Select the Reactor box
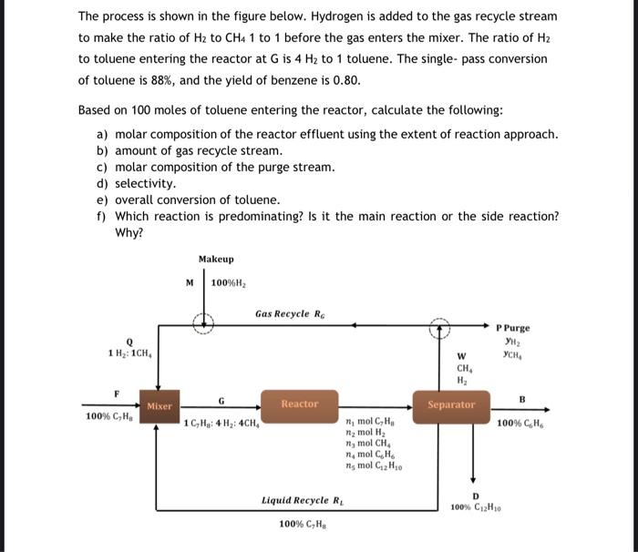(x=299, y=404)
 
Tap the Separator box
(x=451, y=404)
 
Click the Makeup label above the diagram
(x=215, y=260)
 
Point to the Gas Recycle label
(x=289, y=313)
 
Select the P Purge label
(x=512, y=328)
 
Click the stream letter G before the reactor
(x=221, y=400)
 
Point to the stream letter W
(x=461, y=356)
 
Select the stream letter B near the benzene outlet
(x=522, y=398)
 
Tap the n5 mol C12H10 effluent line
(x=375, y=466)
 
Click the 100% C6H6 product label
(x=521, y=423)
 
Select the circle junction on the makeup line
(x=204, y=322)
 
